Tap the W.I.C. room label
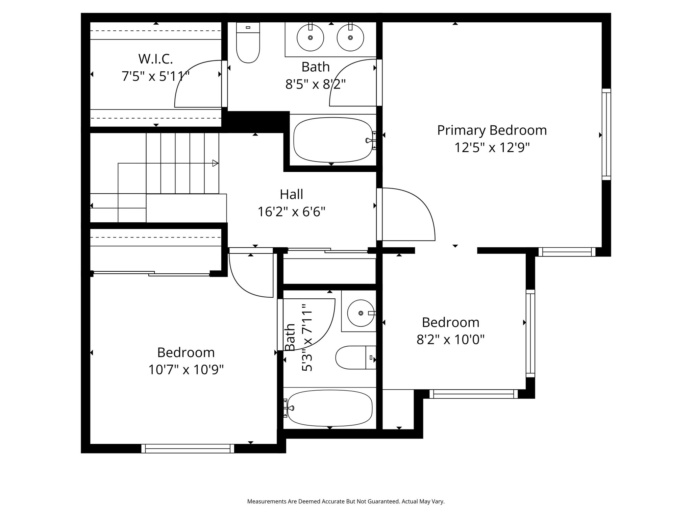coord(155,59)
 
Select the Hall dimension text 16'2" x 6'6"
coord(291,212)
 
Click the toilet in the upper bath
coord(248,43)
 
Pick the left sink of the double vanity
coord(310,38)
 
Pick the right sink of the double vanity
coord(350,38)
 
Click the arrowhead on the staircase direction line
coord(215,163)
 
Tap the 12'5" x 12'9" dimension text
coord(492,148)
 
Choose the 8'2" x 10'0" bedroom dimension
coord(450,339)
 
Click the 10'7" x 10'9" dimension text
coord(186,370)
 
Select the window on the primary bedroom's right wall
coord(607,134)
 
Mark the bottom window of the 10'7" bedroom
coord(188,448)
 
